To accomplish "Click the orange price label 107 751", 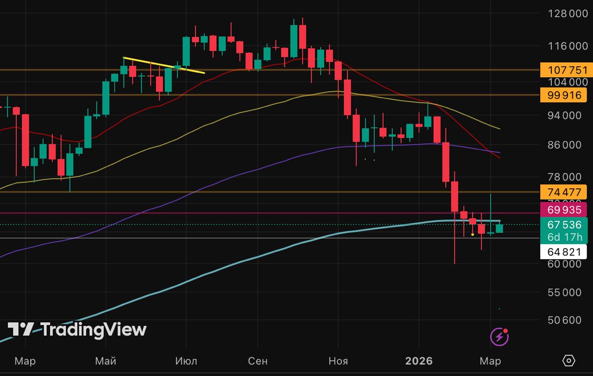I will pos(563,70).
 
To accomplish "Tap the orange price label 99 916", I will pos(563,95).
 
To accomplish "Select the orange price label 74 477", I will pos(563,192).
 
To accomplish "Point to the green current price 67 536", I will pos(564,225).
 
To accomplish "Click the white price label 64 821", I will pos(563,252).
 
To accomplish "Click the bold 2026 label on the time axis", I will pos(419,361).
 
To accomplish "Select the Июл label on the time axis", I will pos(186,361).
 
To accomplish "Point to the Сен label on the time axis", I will pos(258,361).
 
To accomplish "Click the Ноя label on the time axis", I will pos(338,361).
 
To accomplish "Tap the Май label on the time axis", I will pos(106,361).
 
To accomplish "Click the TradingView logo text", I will pos(93,330).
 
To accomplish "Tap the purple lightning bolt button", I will pos(499,337).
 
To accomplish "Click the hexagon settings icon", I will pos(568,361).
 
